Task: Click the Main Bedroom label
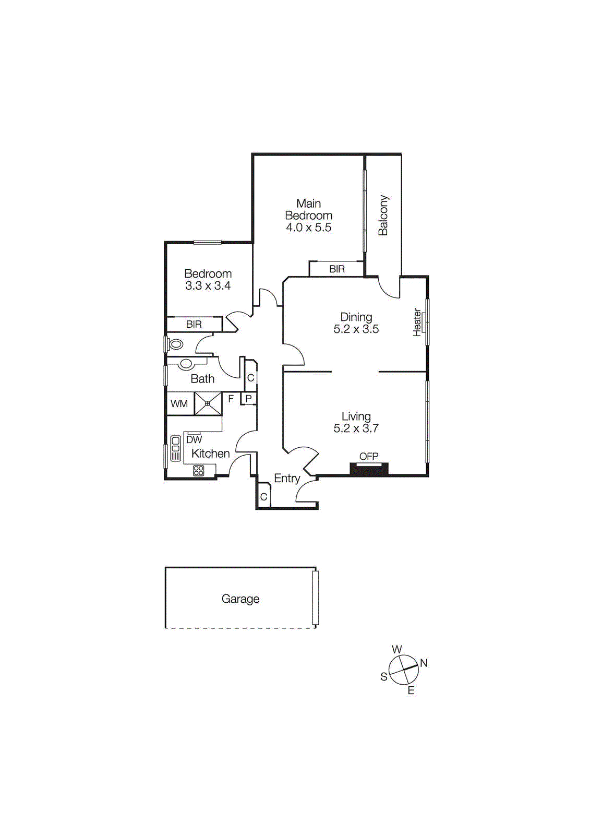(x=308, y=209)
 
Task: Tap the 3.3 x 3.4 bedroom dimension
(x=208, y=286)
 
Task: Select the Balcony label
(x=383, y=216)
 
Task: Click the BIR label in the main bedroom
(x=337, y=269)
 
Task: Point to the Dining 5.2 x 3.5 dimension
(x=356, y=329)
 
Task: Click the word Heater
(x=417, y=322)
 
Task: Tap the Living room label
(x=356, y=416)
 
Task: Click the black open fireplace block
(x=369, y=469)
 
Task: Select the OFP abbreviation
(x=369, y=457)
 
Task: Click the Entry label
(x=287, y=479)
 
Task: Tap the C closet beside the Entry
(x=263, y=497)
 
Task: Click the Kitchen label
(x=210, y=454)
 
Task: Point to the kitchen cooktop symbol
(x=199, y=470)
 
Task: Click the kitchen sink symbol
(x=176, y=448)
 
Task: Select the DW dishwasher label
(x=194, y=440)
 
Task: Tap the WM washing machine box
(x=179, y=404)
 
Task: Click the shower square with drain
(x=208, y=403)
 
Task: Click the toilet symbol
(x=176, y=344)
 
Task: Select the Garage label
(x=240, y=599)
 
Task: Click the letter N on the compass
(x=424, y=663)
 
